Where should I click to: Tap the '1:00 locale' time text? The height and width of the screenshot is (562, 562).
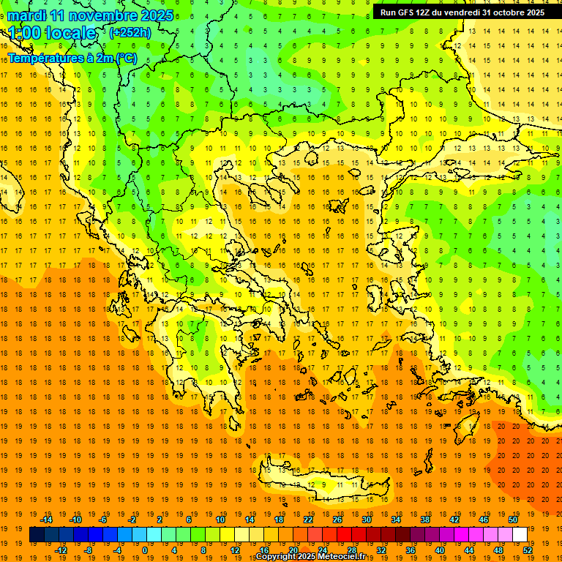(52, 33)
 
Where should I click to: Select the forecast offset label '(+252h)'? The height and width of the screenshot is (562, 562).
(130, 33)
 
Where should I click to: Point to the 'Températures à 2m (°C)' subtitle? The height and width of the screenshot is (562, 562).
(72, 58)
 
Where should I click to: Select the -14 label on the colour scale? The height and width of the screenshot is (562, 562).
(46, 520)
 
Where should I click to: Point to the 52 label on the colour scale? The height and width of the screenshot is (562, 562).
(528, 550)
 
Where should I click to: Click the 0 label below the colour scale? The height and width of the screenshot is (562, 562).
(144, 550)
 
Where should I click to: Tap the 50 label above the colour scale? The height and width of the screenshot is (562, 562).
(512, 520)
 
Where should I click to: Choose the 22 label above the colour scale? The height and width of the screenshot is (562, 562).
(308, 520)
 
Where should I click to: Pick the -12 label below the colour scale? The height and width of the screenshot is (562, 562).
(61, 550)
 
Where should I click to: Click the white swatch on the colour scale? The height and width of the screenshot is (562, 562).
(520, 535)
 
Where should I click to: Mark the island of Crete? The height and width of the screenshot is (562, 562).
(322, 483)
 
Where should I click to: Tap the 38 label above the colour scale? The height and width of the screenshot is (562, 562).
(425, 520)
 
